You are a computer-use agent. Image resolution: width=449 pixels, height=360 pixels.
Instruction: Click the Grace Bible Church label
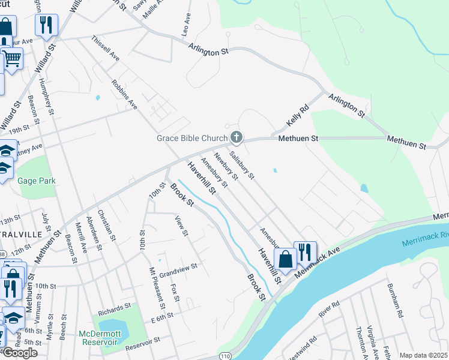(191, 139)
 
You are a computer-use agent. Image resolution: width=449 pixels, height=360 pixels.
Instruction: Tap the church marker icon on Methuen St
(237, 138)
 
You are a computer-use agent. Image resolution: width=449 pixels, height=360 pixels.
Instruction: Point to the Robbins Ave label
(125, 94)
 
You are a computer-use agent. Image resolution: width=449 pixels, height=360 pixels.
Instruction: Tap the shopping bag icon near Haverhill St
(285, 259)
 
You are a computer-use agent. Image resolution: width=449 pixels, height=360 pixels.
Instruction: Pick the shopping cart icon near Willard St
(12, 59)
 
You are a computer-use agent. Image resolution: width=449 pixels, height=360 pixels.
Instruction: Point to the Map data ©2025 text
(424, 355)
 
